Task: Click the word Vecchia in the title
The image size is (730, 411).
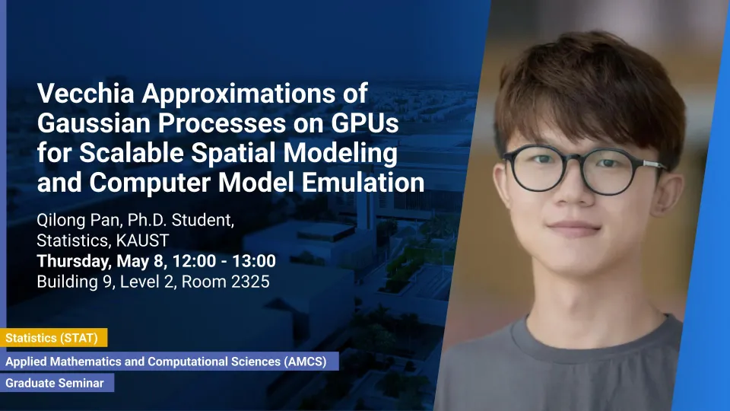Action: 86,93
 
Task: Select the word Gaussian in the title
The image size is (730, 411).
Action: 94,123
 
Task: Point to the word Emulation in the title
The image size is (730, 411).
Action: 363,182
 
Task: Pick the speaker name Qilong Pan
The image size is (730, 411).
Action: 78,220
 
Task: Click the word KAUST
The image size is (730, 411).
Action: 142,241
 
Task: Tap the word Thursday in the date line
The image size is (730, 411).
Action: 74,261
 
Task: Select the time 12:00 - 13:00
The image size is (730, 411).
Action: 224,261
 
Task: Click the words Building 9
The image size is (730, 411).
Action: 75,282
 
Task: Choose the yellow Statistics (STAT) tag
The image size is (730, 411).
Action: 53,338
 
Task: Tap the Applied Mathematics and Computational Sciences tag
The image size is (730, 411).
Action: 169,361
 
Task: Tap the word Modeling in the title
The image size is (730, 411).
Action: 341,152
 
